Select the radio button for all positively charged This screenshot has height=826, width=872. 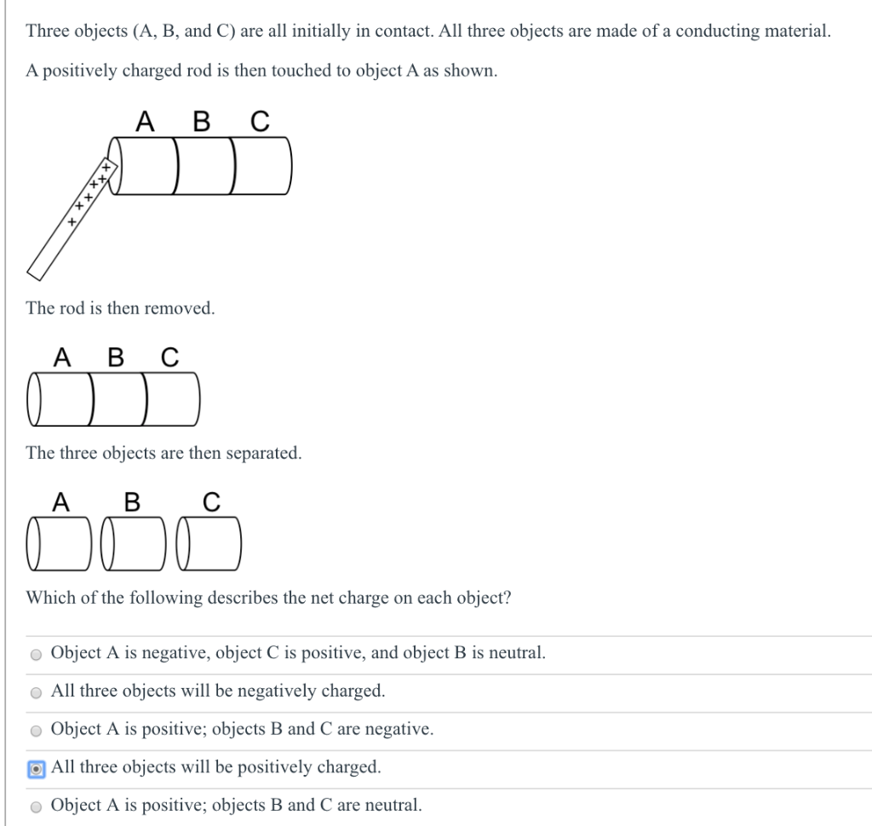coord(36,768)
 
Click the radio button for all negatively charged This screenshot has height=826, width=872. coord(36,692)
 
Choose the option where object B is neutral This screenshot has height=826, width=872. coord(36,655)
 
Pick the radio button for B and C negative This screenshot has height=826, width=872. coord(36,731)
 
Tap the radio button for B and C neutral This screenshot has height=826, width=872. coord(36,806)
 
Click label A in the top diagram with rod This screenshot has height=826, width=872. coord(146,123)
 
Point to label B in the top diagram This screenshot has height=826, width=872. coord(202,123)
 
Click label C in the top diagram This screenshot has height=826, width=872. coord(259,123)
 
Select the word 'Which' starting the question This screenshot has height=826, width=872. coord(50,598)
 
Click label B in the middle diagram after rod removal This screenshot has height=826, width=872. coord(116,357)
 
